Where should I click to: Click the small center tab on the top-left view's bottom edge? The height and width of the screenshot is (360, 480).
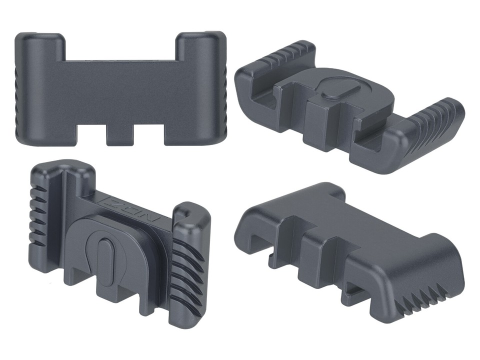(x=120, y=136)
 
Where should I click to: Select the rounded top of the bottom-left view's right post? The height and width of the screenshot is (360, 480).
(x=192, y=210)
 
